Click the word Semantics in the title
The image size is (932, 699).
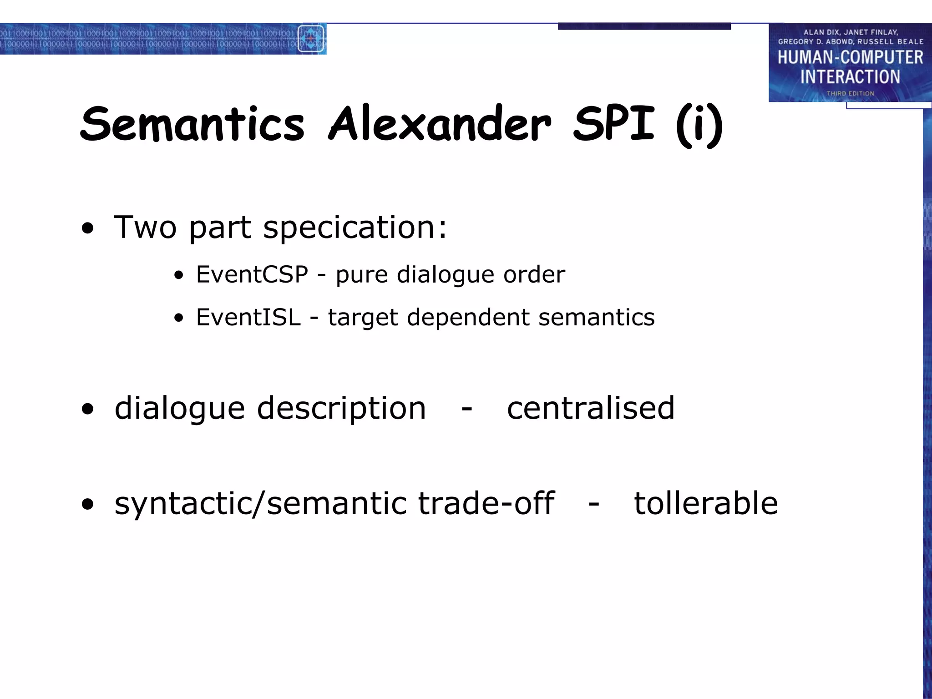pyautogui.click(x=192, y=124)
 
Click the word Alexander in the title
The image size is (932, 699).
pyautogui.click(x=439, y=124)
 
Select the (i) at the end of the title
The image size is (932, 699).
pyautogui.click(x=699, y=126)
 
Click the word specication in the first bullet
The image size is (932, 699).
pyautogui.click(x=355, y=228)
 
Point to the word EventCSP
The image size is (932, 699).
pyautogui.click(x=252, y=274)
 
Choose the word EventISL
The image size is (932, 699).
pyautogui.click(x=248, y=317)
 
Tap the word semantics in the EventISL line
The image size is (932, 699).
pyautogui.click(x=596, y=317)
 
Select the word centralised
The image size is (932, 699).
pyautogui.click(x=590, y=408)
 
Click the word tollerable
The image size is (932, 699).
pyautogui.click(x=705, y=503)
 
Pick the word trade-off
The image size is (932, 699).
pyautogui.click(x=486, y=503)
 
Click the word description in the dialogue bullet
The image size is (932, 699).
pyautogui.click(x=341, y=409)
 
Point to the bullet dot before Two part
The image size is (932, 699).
pyautogui.click(x=88, y=229)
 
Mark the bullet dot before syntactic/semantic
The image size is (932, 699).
pyautogui.click(x=88, y=504)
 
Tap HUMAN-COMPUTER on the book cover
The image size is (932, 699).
pyautogui.click(x=850, y=58)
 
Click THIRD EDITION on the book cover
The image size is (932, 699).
pyautogui.click(x=850, y=93)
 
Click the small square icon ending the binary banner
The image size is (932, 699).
pyautogui.click(x=311, y=39)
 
